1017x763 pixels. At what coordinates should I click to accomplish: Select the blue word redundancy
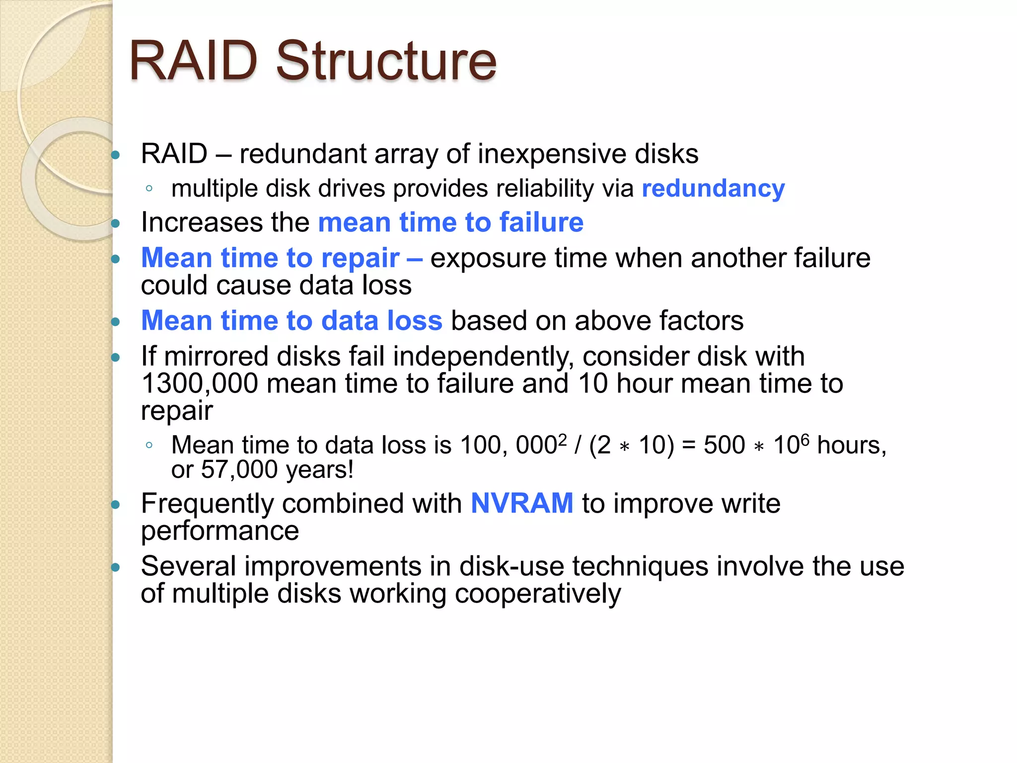point(713,189)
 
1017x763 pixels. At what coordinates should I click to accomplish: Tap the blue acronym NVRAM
point(522,503)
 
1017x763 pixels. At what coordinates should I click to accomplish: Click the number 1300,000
point(200,383)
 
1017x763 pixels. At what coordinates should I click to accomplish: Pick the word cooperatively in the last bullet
point(537,594)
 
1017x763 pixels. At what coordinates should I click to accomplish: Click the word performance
point(219,531)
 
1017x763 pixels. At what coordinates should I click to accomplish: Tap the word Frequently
point(207,504)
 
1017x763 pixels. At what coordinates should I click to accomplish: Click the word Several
point(188,566)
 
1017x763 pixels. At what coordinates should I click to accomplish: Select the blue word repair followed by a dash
point(360,258)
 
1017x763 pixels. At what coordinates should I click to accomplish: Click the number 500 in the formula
point(724,445)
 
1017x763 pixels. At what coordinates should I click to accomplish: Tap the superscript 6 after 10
point(805,439)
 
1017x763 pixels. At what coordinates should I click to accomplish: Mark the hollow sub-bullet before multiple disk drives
point(149,188)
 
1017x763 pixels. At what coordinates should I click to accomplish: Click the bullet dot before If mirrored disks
point(116,357)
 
